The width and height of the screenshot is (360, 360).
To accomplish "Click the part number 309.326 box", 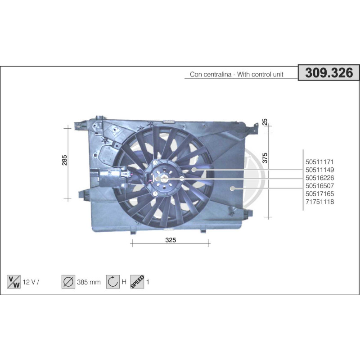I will [x=329, y=73].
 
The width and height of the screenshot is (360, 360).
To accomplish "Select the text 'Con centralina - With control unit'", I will [x=236, y=75].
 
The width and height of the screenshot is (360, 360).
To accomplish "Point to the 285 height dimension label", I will [x=64, y=160].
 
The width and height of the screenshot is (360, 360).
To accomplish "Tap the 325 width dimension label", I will [x=170, y=240].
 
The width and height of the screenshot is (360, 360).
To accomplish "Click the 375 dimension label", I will [x=265, y=157].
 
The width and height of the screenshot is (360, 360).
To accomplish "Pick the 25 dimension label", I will [x=265, y=121].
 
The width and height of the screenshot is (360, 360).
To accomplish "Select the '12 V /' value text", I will [x=31, y=282].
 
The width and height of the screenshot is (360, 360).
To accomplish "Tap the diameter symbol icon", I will [x=68, y=282].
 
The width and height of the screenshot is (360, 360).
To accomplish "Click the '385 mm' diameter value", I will [x=89, y=282].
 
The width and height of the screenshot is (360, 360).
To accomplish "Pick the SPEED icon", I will [x=137, y=282].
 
